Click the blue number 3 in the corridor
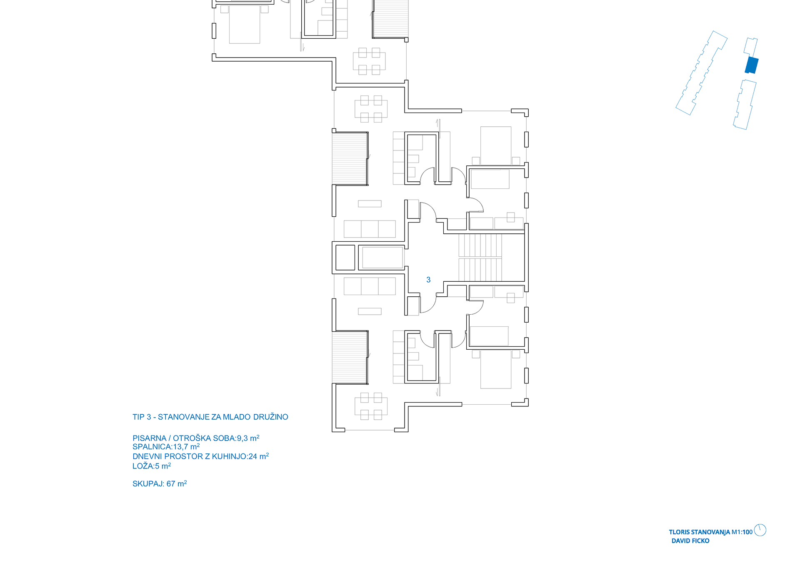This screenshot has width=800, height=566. (428, 280)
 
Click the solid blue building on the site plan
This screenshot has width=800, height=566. (751, 65)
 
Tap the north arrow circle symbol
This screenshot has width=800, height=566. (760, 530)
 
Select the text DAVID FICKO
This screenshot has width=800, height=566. (690, 541)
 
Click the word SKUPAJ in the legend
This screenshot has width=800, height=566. (148, 484)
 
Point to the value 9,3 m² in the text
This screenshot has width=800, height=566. (248, 438)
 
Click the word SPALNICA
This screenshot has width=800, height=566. (152, 447)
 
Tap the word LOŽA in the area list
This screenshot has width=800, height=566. (142, 466)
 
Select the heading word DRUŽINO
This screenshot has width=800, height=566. (270, 417)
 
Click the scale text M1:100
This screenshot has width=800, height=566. (742, 532)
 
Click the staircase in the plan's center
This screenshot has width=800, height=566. (480, 257)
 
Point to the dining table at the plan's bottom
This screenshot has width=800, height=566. (371, 406)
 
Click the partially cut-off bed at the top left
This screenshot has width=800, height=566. (245, 25)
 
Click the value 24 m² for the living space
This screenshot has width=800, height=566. (258, 456)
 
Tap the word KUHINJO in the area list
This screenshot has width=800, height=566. (229, 456)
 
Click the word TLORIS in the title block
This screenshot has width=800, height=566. (679, 532)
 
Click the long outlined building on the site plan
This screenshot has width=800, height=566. (701, 73)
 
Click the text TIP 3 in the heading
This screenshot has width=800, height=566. (142, 417)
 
